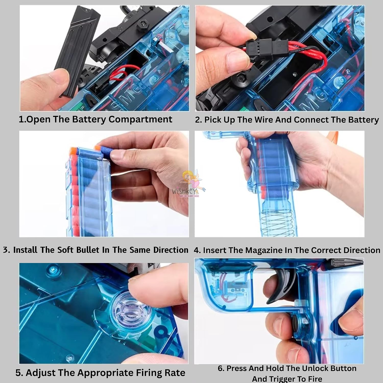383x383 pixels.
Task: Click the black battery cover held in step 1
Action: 77,51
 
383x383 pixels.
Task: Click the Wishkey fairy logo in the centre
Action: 188,184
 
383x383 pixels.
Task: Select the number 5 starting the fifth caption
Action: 18,373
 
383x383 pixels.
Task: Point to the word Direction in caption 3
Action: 171,250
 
